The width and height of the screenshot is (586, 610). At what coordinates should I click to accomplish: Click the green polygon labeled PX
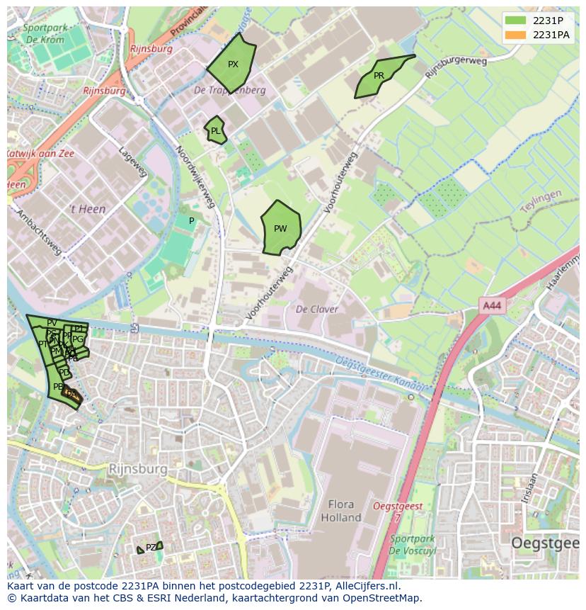[x=232, y=63]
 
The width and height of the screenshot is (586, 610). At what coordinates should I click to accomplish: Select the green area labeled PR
[x=381, y=76]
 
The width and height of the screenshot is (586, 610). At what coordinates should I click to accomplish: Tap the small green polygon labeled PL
[x=215, y=130]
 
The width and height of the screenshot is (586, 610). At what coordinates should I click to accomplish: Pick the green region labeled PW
[x=281, y=228]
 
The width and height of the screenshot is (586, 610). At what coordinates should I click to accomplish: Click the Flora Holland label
[x=341, y=511]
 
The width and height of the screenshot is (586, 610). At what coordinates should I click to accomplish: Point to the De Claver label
[x=316, y=309]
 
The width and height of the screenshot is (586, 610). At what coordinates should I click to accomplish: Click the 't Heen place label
[x=86, y=209]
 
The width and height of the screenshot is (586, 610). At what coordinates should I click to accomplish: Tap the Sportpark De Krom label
[x=43, y=33]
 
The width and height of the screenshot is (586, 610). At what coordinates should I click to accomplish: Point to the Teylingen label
[x=541, y=200]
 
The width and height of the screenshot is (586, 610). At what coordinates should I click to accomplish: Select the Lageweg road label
[x=133, y=162]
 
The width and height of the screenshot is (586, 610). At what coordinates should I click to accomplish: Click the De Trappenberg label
[x=230, y=91]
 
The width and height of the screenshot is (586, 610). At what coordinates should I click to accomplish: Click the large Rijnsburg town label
[x=138, y=469]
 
